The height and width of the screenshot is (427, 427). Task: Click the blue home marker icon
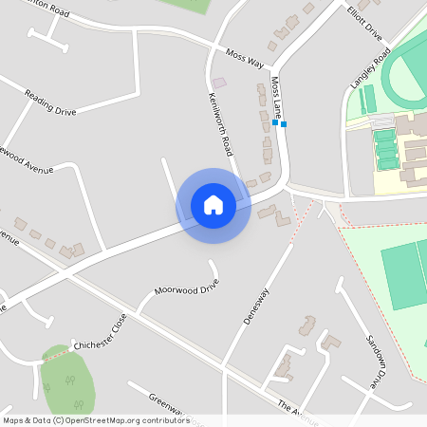(x=213, y=204)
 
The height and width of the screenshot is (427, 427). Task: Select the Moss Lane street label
(x=278, y=99)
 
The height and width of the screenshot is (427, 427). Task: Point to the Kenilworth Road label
(x=220, y=124)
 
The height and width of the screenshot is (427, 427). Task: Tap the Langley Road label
(x=370, y=71)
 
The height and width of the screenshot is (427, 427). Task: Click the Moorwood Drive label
(x=187, y=287)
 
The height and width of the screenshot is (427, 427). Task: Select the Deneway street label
(x=256, y=306)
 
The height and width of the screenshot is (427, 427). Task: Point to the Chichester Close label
(x=100, y=334)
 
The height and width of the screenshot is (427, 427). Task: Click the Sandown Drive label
(x=377, y=362)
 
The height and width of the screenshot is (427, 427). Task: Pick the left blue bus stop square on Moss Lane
(x=274, y=122)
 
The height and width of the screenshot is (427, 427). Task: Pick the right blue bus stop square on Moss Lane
(x=284, y=123)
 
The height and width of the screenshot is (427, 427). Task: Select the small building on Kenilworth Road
(x=219, y=84)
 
